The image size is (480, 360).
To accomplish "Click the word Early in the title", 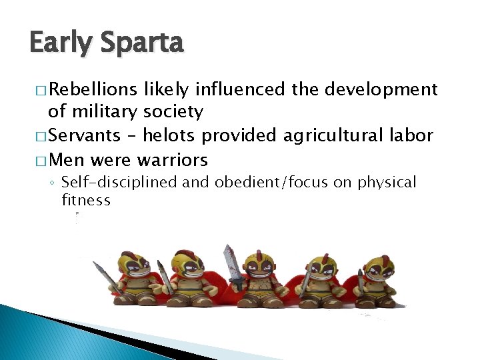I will (61, 43).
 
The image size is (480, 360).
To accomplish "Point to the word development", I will (380, 89).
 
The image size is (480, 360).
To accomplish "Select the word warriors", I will (172, 160).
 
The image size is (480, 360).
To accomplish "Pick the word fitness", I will (86, 199).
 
